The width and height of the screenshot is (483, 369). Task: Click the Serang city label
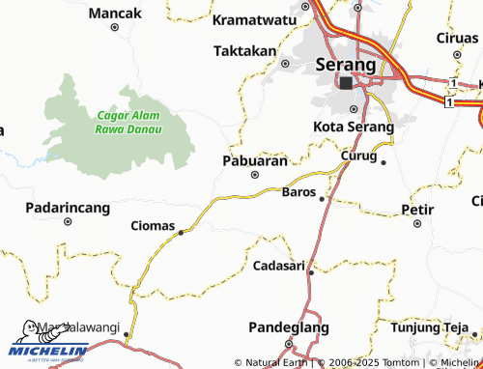[x=345, y=65]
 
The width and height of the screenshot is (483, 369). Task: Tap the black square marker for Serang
[x=346, y=83]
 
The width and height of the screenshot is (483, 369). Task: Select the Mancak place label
[x=114, y=14]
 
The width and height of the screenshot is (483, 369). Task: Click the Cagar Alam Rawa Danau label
[x=128, y=122]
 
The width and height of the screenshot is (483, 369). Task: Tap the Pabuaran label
[x=255, y=160]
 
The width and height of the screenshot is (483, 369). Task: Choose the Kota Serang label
[x=354, y=127]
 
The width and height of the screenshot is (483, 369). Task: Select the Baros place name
[x=297, y=192]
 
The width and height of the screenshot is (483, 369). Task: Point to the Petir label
[x=416, y=209]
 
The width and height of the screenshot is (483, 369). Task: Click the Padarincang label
[x=67, y=207]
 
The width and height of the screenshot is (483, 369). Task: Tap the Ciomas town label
[x=152, y=226]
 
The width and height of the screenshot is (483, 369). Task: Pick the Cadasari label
[x=278, y=265]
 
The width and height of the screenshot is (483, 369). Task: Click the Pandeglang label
[x=288, y=326]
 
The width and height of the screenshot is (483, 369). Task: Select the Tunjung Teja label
[x=430, y=326]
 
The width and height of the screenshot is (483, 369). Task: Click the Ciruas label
[x=457, y=38]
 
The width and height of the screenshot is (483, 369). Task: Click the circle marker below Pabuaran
[x=255, y=175]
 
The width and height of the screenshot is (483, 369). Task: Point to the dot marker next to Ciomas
[x=181, y=232]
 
